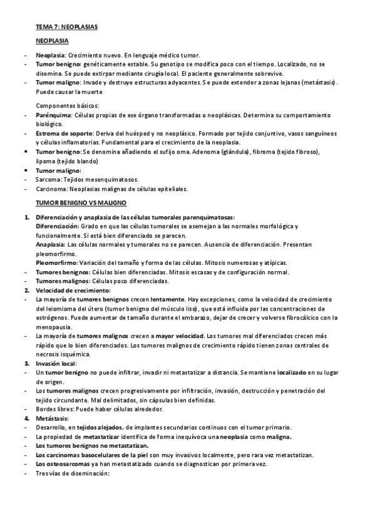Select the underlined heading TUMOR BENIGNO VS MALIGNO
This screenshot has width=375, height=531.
81,203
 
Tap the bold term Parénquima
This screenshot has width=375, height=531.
54,116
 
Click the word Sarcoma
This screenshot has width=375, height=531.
49,179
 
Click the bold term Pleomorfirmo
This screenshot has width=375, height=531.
56,263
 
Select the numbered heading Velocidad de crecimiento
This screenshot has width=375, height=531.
73,291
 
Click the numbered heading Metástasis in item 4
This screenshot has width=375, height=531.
52,418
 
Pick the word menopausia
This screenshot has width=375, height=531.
55,327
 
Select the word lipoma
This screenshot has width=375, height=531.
46,161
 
